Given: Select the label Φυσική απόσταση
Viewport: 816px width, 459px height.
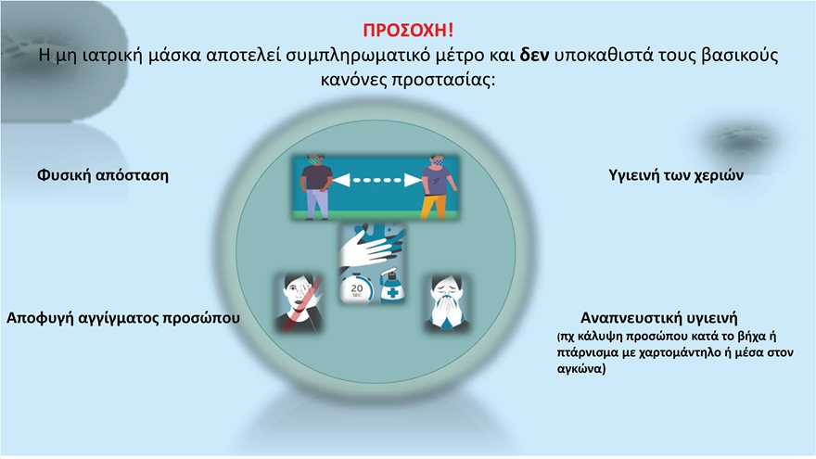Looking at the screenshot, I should click(x=103, y=173).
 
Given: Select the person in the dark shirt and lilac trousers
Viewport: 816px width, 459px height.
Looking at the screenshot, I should click(x=318, y=189).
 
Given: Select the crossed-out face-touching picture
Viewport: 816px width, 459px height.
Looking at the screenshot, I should click(x=298, y=302).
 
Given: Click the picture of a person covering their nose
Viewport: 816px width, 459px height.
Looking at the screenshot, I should click(x=447, y=302).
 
